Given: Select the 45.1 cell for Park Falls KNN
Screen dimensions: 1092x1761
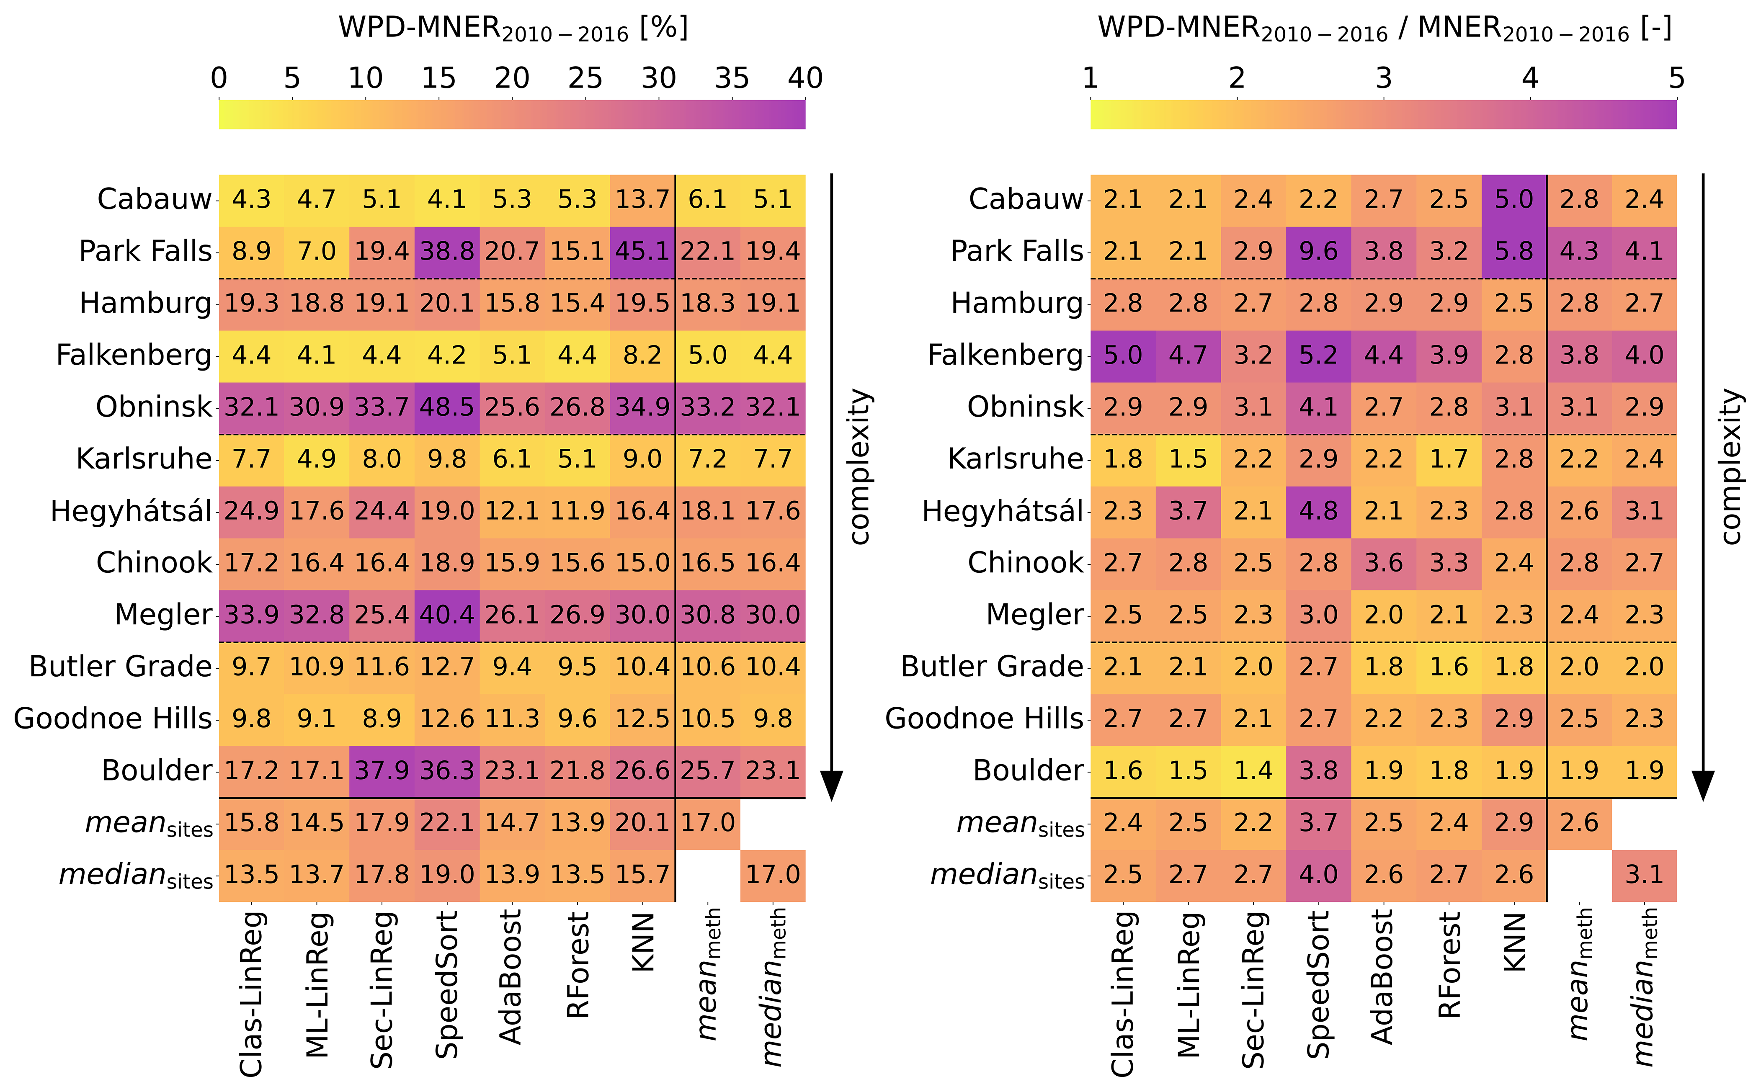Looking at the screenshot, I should [x=642, y=251].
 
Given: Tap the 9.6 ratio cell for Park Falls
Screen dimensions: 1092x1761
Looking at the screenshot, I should [x=1318, y=251].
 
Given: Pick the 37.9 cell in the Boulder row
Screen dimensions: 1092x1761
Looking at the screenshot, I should [x=382, y=770].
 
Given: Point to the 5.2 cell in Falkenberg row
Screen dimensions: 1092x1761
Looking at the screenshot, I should [x=1318, y=355].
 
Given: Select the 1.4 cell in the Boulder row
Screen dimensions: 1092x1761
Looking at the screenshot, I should [x=1253, y=770].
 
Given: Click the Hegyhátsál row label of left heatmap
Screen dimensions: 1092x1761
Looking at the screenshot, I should [x=131, y=511].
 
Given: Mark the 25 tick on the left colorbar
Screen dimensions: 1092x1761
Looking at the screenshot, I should [x=585, y=78].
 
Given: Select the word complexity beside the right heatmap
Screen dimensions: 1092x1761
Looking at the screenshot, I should [x=1731, y=466].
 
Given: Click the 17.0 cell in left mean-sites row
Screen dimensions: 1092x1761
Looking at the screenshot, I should [x=707, y=823].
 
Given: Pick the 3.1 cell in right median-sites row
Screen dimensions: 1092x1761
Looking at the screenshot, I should [x=1644, y=875].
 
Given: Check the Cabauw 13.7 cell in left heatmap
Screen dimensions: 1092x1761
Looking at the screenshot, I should [x=642, y=199].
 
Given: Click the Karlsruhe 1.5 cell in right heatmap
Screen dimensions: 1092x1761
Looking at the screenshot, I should [x=1188, y=459].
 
